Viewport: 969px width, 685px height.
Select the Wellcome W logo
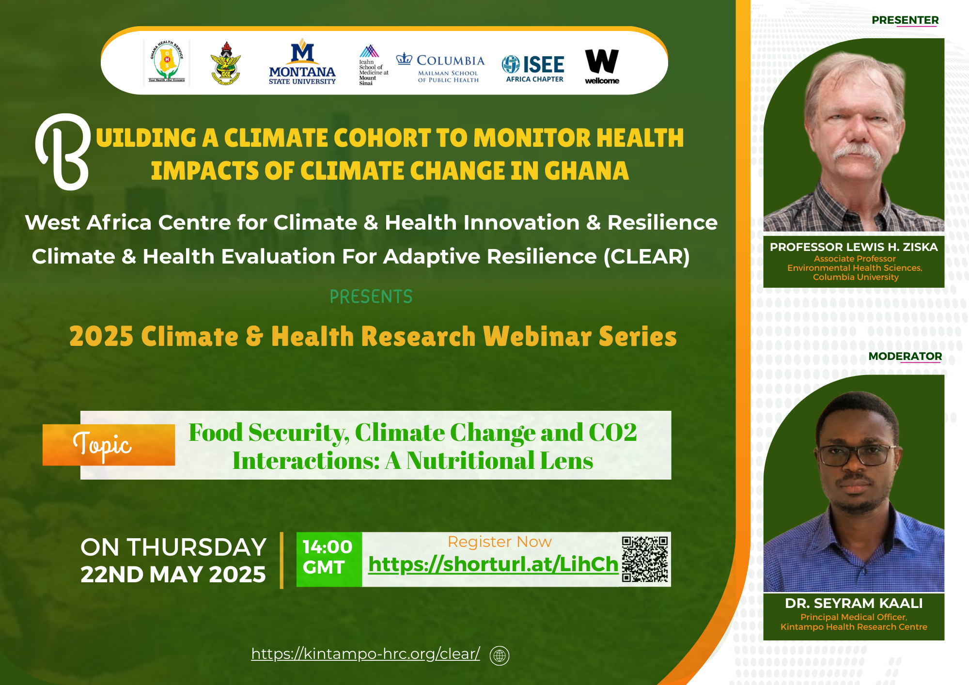tap(602, 66)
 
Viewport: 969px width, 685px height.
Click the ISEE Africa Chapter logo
tap(534, 68)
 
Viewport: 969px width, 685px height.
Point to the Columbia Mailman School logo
tap(440, 68)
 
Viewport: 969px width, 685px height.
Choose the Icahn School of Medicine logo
tap(373, 65)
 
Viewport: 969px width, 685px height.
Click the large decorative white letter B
tap(63, 152)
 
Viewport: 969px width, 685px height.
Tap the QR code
tap(645, 559)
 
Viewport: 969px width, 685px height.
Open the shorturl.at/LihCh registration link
tap(493, 564)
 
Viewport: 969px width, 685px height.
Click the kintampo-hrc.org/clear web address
tap(365, 654)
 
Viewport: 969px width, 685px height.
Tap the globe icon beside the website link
tap(500, 655)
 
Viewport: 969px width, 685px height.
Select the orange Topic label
tap(109, 445)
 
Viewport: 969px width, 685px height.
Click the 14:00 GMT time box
tap(329, 559)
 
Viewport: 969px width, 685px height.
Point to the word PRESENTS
tap(371, 296)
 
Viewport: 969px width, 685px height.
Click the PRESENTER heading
tap(905, 20)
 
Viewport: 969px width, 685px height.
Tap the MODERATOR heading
tap(905, 357)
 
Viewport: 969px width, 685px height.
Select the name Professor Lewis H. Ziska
tap(854, 247)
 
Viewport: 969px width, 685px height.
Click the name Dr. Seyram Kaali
tap(854, 603)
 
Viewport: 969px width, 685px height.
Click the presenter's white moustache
tap(857, 154)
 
